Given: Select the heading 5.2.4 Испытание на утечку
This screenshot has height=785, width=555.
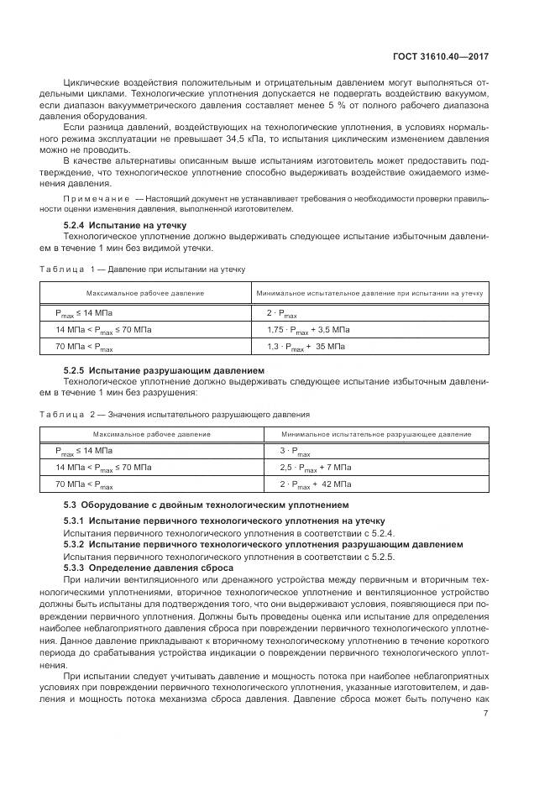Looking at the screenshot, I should coord(125,225).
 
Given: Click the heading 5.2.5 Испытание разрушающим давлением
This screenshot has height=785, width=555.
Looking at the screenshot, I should coord(152,370).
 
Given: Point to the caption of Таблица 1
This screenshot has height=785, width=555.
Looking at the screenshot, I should coord(142,269).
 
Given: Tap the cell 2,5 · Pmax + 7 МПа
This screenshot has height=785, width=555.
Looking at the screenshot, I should coord(315,467).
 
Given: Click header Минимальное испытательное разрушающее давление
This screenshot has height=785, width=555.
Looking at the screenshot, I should coord(376,434).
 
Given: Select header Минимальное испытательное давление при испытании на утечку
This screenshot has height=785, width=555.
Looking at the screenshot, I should coord(369,294).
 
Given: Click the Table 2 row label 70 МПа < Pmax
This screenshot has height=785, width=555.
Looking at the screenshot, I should coord(84,484).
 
